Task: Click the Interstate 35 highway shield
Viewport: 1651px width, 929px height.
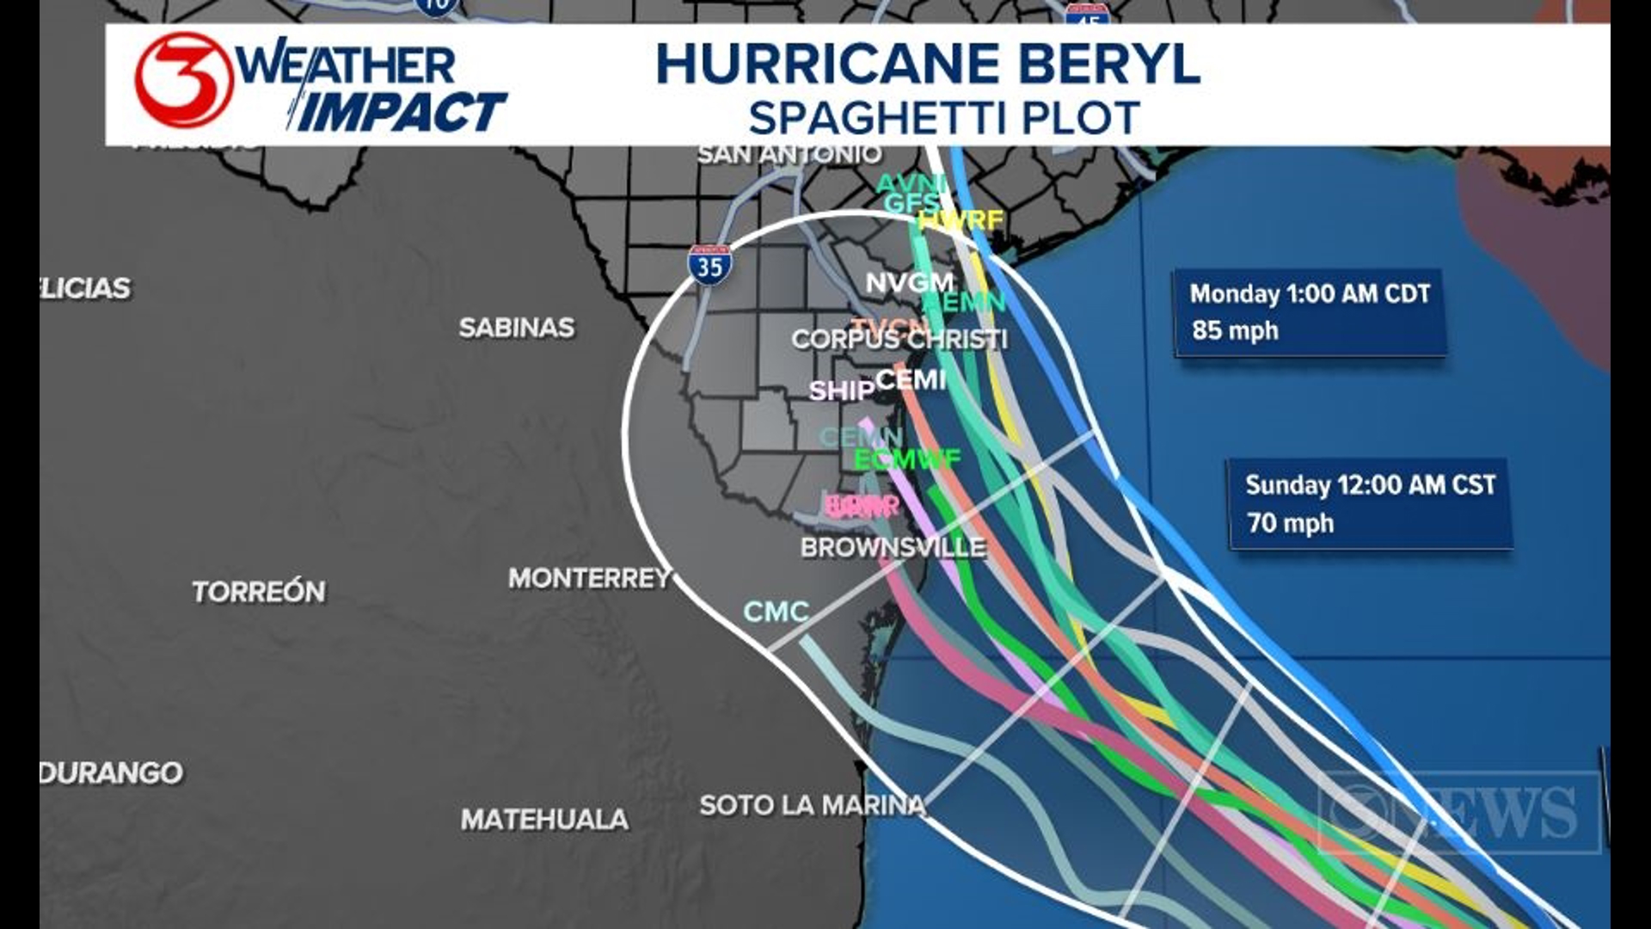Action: [709, 265]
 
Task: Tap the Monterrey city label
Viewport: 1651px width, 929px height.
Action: [589, 578]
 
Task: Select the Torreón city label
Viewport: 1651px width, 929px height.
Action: [259, 592]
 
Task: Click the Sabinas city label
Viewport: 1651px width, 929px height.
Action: [516, 328]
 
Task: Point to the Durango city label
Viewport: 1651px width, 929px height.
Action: [112, 772]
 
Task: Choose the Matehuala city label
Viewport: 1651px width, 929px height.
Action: [543, 819]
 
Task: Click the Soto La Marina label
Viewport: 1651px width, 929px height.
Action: [813, 805]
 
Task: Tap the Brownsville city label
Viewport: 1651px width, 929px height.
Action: [893, 547]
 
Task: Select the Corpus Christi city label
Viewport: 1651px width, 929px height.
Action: [899, 340]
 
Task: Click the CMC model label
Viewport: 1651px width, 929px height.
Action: [776, 612]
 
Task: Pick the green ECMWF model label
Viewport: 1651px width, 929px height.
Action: [906, 459]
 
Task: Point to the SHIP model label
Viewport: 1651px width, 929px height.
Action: [841, 391]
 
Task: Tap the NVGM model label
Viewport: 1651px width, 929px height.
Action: [909, 282]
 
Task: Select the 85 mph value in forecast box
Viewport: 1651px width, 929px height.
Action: [1235, 330]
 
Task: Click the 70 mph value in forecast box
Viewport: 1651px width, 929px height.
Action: [1290, 523]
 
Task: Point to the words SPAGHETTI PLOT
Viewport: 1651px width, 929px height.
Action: [943, 118]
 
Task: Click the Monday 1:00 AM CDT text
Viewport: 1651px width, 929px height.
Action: [1309, 293]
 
